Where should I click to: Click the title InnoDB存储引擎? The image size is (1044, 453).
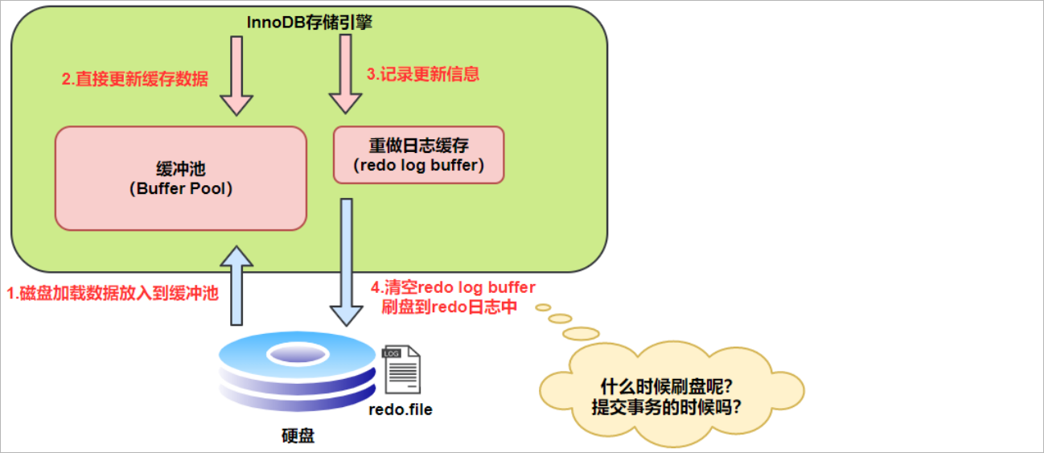pyautogui.click(x=310, y=23)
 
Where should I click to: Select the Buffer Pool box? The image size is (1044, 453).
pyautogui.click(x=180, y=178)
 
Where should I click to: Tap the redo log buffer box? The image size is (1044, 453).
pyautogui.click(x=418, y=154)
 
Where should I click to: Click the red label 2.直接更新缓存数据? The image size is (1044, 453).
pyautogui.click(x=135, y=79)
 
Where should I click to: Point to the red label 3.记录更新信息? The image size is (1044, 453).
pyautogui.click(x=423, y=74)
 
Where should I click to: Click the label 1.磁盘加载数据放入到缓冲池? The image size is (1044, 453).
pyautogui.click(x=112, y=294)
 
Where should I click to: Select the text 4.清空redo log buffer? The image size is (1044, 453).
pyautogui.click(x=453, y=287)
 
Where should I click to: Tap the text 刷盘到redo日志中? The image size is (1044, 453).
pyautogui.click(x=448, y=307)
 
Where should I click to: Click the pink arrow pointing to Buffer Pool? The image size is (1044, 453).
pyautogui.click(x=236, y=76)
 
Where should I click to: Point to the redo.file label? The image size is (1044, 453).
pyautogui.click(x=401, y=410)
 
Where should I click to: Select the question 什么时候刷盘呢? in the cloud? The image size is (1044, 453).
pyautogui.click(x=670, y=385)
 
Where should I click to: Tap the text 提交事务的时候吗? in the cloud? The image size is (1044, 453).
pyautogui.click(x=670, y=407)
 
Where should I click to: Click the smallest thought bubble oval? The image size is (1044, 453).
pyautogui.click(x=543, y=307)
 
